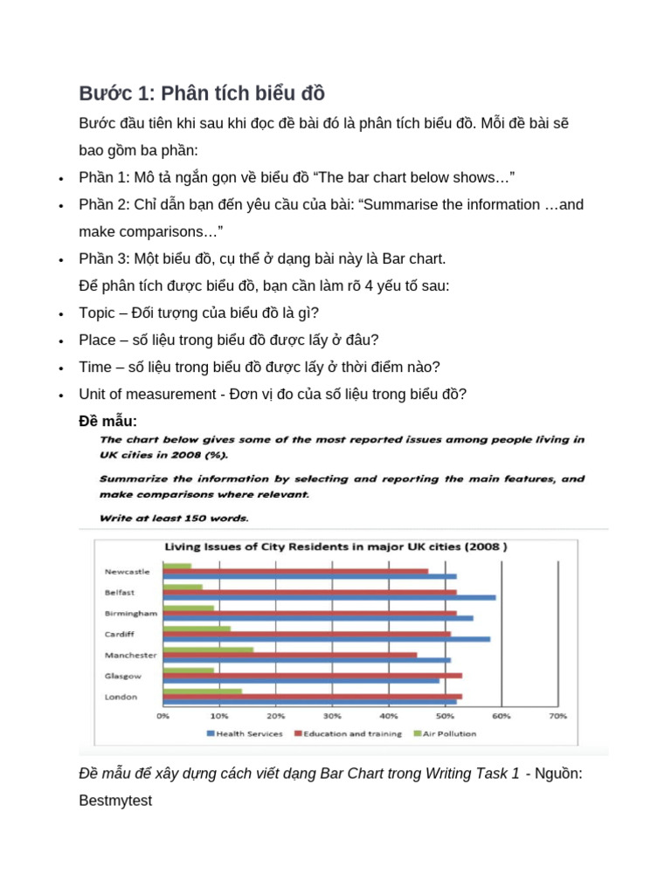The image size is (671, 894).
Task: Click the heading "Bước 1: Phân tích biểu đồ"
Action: (x=202, y=93)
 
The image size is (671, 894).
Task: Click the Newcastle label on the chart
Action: (x=128, y=572)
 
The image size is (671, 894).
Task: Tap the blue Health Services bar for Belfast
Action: (x=329, y=598)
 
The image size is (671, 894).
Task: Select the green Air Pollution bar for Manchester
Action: (x=209, y=649)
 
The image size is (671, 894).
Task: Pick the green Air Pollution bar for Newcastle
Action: (x=177, y=566)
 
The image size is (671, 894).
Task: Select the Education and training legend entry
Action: (x=350, y=733)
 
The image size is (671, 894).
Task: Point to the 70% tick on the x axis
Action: (x=557, y=716)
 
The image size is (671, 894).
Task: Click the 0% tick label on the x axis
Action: (x=163, y=716)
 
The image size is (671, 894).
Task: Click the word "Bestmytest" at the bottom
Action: (x=115, y=800)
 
